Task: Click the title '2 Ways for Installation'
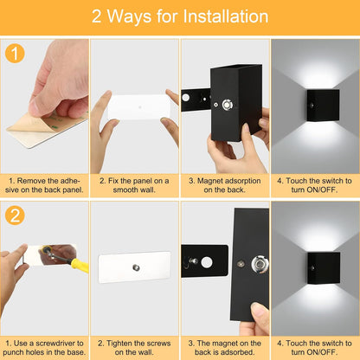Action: pos(180,16)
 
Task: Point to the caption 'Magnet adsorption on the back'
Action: pos(224,187)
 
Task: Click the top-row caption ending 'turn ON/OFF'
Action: pos(314,187)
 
